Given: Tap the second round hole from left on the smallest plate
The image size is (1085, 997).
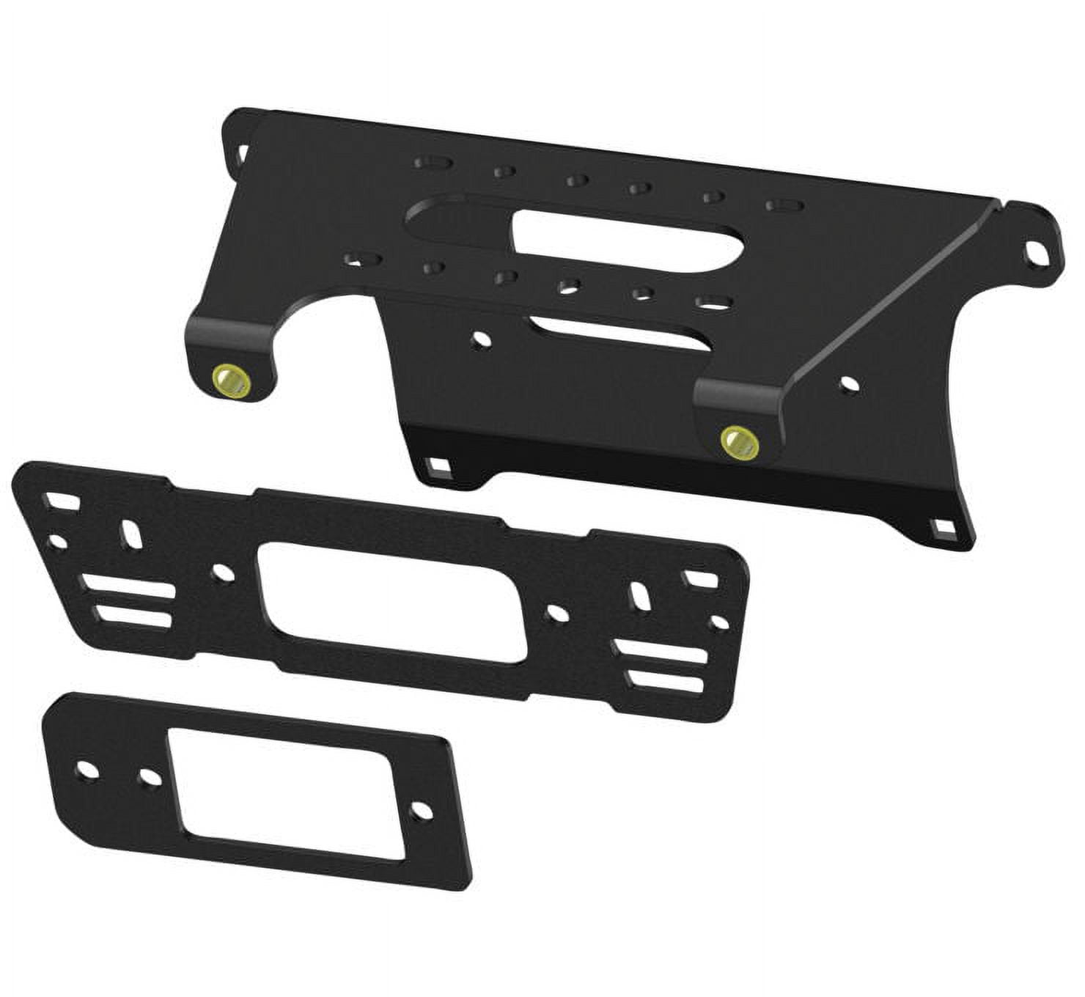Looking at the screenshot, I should pos(150,776).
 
